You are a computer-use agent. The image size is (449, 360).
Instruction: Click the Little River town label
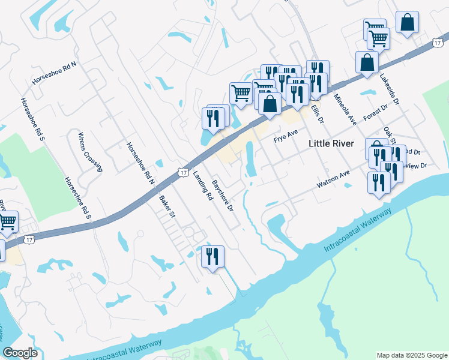(331, 143)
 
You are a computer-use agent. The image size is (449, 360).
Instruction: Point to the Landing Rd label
(203, 185)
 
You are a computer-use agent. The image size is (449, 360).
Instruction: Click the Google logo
(20, 353)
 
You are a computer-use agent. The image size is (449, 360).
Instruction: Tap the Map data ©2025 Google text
(412, 355)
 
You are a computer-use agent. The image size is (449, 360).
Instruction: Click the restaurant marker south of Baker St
(212, 257)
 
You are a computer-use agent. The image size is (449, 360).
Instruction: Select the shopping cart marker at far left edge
(7, 222)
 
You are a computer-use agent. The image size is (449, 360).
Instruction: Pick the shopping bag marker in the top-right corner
(407, 23)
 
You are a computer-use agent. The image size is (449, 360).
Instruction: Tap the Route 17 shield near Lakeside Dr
(438, 43)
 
